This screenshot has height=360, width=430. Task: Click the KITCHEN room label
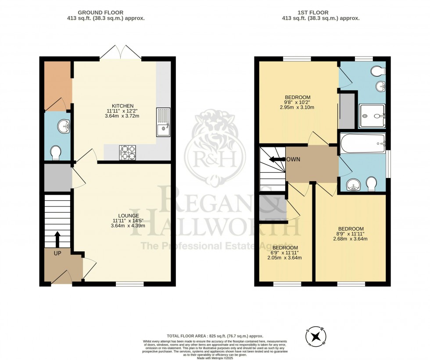click(x=122, y=106)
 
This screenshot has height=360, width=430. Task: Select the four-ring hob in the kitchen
click(x=127, y=153)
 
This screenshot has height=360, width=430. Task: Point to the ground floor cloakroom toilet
click(x=56, y=153)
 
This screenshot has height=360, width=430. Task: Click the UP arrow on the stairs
click(x=57, y=239)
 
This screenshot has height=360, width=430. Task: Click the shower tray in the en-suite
click(x=372, y=116)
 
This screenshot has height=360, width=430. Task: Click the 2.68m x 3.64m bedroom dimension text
click(x=350, y=239)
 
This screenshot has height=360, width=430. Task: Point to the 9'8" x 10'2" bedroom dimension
click(x=297, y=102)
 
